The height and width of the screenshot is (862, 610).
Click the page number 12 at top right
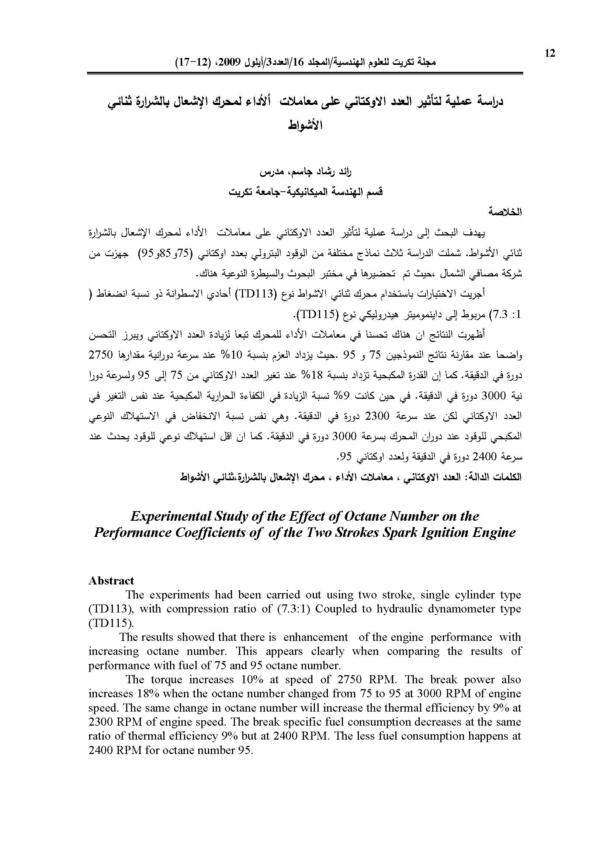[x=550, y=54]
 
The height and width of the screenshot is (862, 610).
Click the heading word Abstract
[x=111, y=580]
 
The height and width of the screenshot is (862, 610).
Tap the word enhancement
[x=316, y=637]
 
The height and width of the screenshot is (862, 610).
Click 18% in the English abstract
[x=148, y=693]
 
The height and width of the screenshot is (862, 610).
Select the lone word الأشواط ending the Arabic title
[x=305, y=125]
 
